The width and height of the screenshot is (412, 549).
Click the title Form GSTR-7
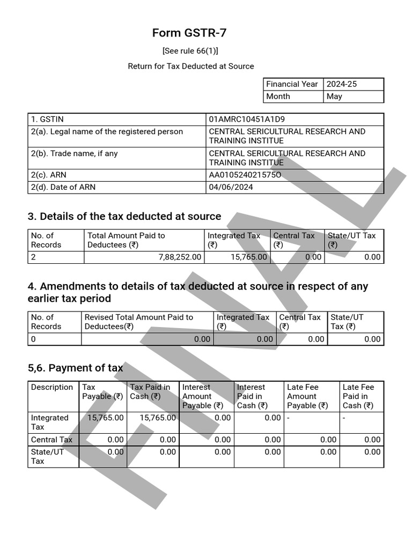[x=189, y=33]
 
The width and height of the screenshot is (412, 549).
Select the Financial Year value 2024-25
[x=341, y=84]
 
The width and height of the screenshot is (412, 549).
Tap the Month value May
[x=334, y=97]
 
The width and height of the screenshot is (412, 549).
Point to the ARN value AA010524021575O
[x=245, y=175]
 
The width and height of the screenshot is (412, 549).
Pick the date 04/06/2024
[x=231, y=187]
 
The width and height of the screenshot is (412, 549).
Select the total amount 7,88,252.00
[x=180, y=257]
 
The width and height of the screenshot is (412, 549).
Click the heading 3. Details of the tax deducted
[x=124, y=217]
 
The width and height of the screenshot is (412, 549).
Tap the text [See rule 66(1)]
[x=190, y=51]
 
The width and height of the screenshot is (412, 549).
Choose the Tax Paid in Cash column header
[x=150, y=392]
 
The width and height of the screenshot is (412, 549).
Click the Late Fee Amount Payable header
[x=307, y=396]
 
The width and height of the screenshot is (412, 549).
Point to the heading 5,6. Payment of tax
[x=75, y=368]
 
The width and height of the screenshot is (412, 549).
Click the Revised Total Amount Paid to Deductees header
[x=138, y=322]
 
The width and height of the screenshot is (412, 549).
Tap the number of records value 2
[x=33, y=257]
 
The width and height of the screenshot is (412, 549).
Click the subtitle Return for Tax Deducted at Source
[x=190, y=66]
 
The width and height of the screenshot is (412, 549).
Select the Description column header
[x=52, y=387]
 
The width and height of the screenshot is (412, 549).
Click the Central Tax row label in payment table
[x=51, y=440]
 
